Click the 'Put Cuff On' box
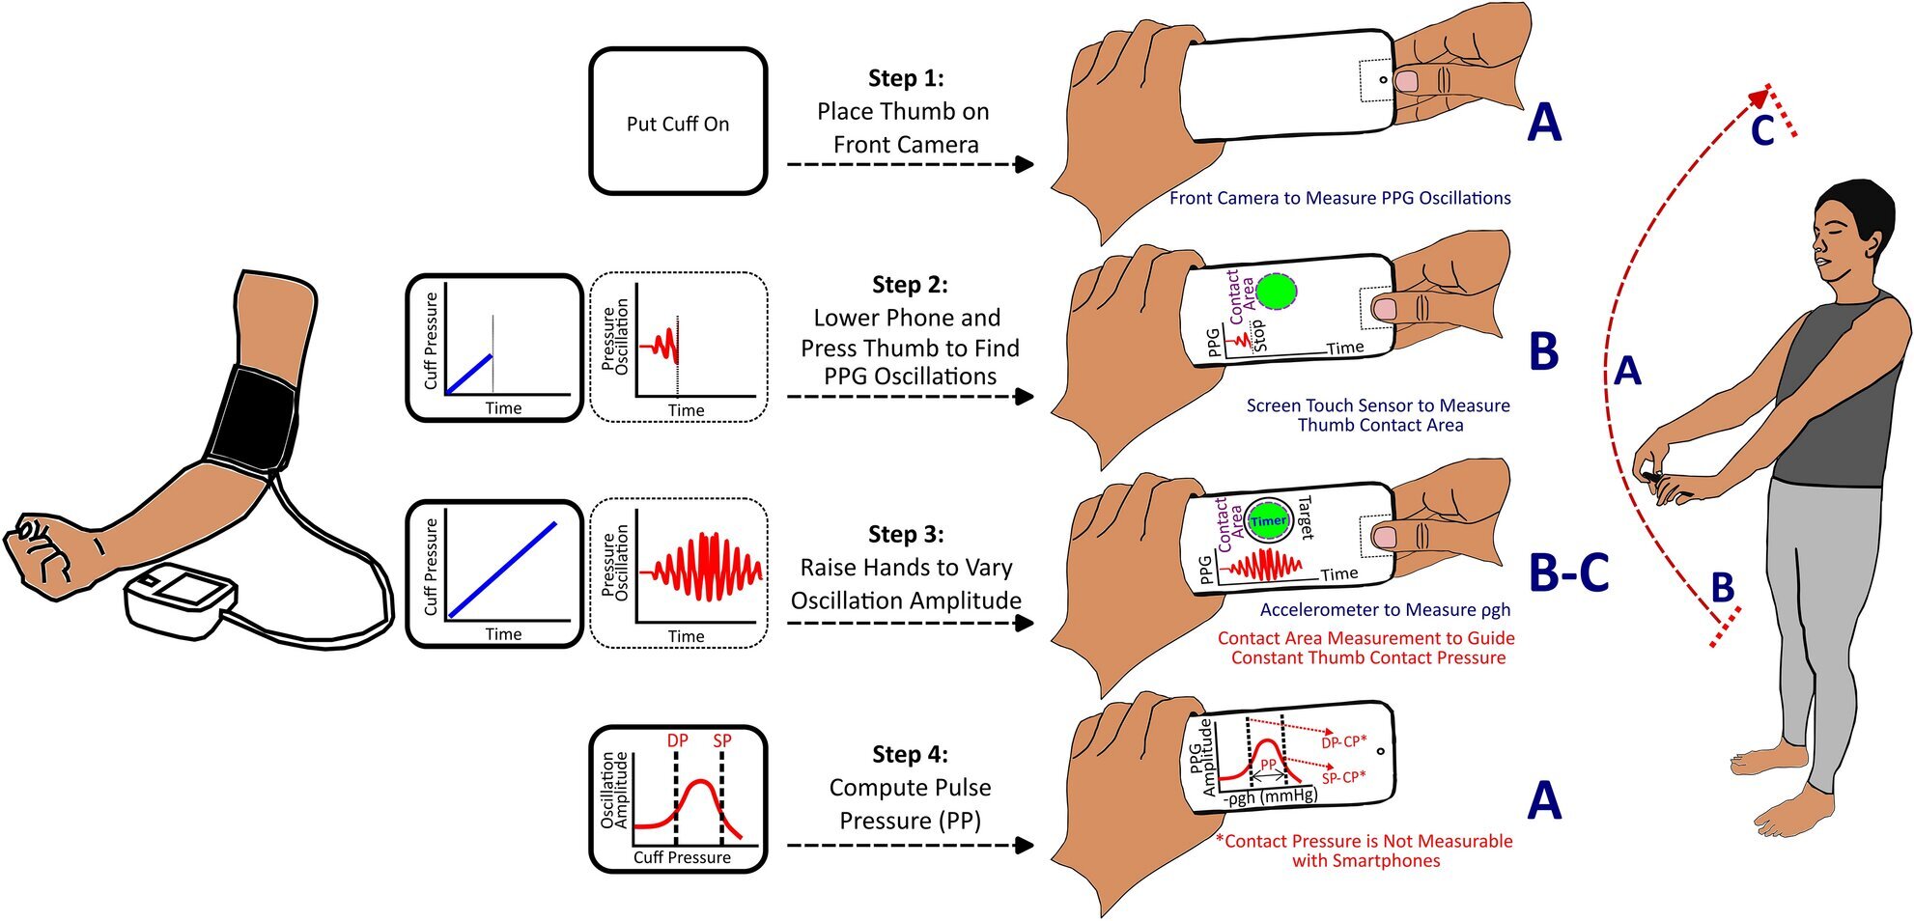tap(678, 123)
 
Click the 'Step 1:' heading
tap(906, 78)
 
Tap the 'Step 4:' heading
tap(909, 754)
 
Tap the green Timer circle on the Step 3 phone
tap(1268, 520)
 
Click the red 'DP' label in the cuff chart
tap(678, 740)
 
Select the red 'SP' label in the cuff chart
tap(722, 740)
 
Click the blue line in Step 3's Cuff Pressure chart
tap(502, 569)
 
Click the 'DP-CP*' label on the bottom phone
tap(1343, 742)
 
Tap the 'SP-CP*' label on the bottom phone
tap(1343, 777)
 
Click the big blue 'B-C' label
tap(1569, 572)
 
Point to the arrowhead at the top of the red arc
tap(1761, 93)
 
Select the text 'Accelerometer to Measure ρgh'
tap(1385, 610)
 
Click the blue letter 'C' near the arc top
tap(1762, 130)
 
